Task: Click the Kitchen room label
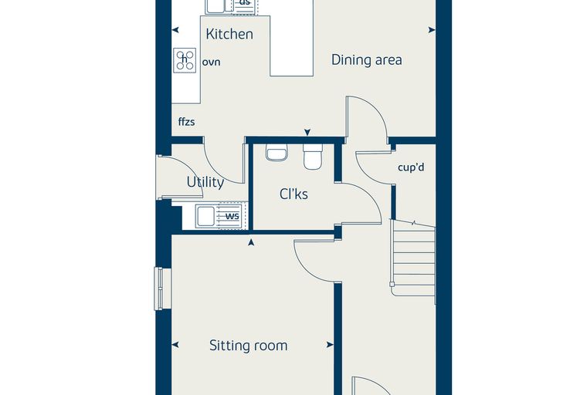tap(229, 34)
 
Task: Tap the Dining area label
tap(367, 60)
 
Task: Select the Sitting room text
tap(249, 346)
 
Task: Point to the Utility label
tap(205, 182)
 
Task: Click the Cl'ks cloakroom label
tap(293, 194)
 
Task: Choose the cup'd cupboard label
tap(411, 167)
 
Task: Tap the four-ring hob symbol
tap(185, 60)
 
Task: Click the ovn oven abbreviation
tap(211, 62)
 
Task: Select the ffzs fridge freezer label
tap(186, 122)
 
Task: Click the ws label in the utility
tap(232, 216)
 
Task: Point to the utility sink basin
tap(205, 216)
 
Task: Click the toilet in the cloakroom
tap(313, 157)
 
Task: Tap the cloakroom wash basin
tap(277, 153)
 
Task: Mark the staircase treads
tap(413, 258)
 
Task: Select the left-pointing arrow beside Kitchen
tap(175, 30)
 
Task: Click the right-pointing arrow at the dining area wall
tap(432, 30)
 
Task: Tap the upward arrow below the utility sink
tap(251, 242)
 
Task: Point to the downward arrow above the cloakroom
tap(307, 133)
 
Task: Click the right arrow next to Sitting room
tap(330, 345)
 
